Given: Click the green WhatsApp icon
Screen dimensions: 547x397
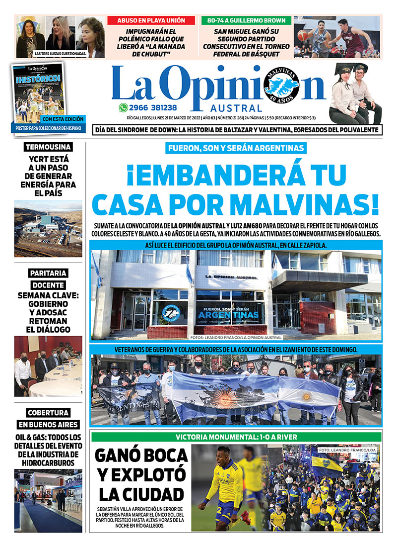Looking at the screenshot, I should tap(123, 107).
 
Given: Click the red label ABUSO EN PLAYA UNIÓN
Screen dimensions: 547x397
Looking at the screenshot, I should tap(150, 20).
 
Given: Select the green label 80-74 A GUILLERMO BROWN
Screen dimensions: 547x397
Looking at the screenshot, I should tap(246, 20).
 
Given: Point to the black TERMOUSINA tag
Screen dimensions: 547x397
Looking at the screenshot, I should tap(49, 147).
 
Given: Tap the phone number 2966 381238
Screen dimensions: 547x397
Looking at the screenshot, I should tap(153, 107).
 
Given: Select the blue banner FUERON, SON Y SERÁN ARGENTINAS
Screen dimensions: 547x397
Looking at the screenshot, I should tap(236, 148).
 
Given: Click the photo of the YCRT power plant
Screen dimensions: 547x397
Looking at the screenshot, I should tap(48, 228).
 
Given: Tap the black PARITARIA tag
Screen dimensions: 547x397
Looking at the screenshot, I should tap(48, 273).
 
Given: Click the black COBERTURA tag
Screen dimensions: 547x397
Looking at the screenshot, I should tap(48, 412).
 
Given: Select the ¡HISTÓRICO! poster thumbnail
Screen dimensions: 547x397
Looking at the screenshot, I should tap(38, 92).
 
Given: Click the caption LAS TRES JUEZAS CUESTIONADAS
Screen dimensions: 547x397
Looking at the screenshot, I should tap(60, 53).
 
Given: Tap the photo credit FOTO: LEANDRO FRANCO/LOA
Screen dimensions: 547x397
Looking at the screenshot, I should tap(349, 450).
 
